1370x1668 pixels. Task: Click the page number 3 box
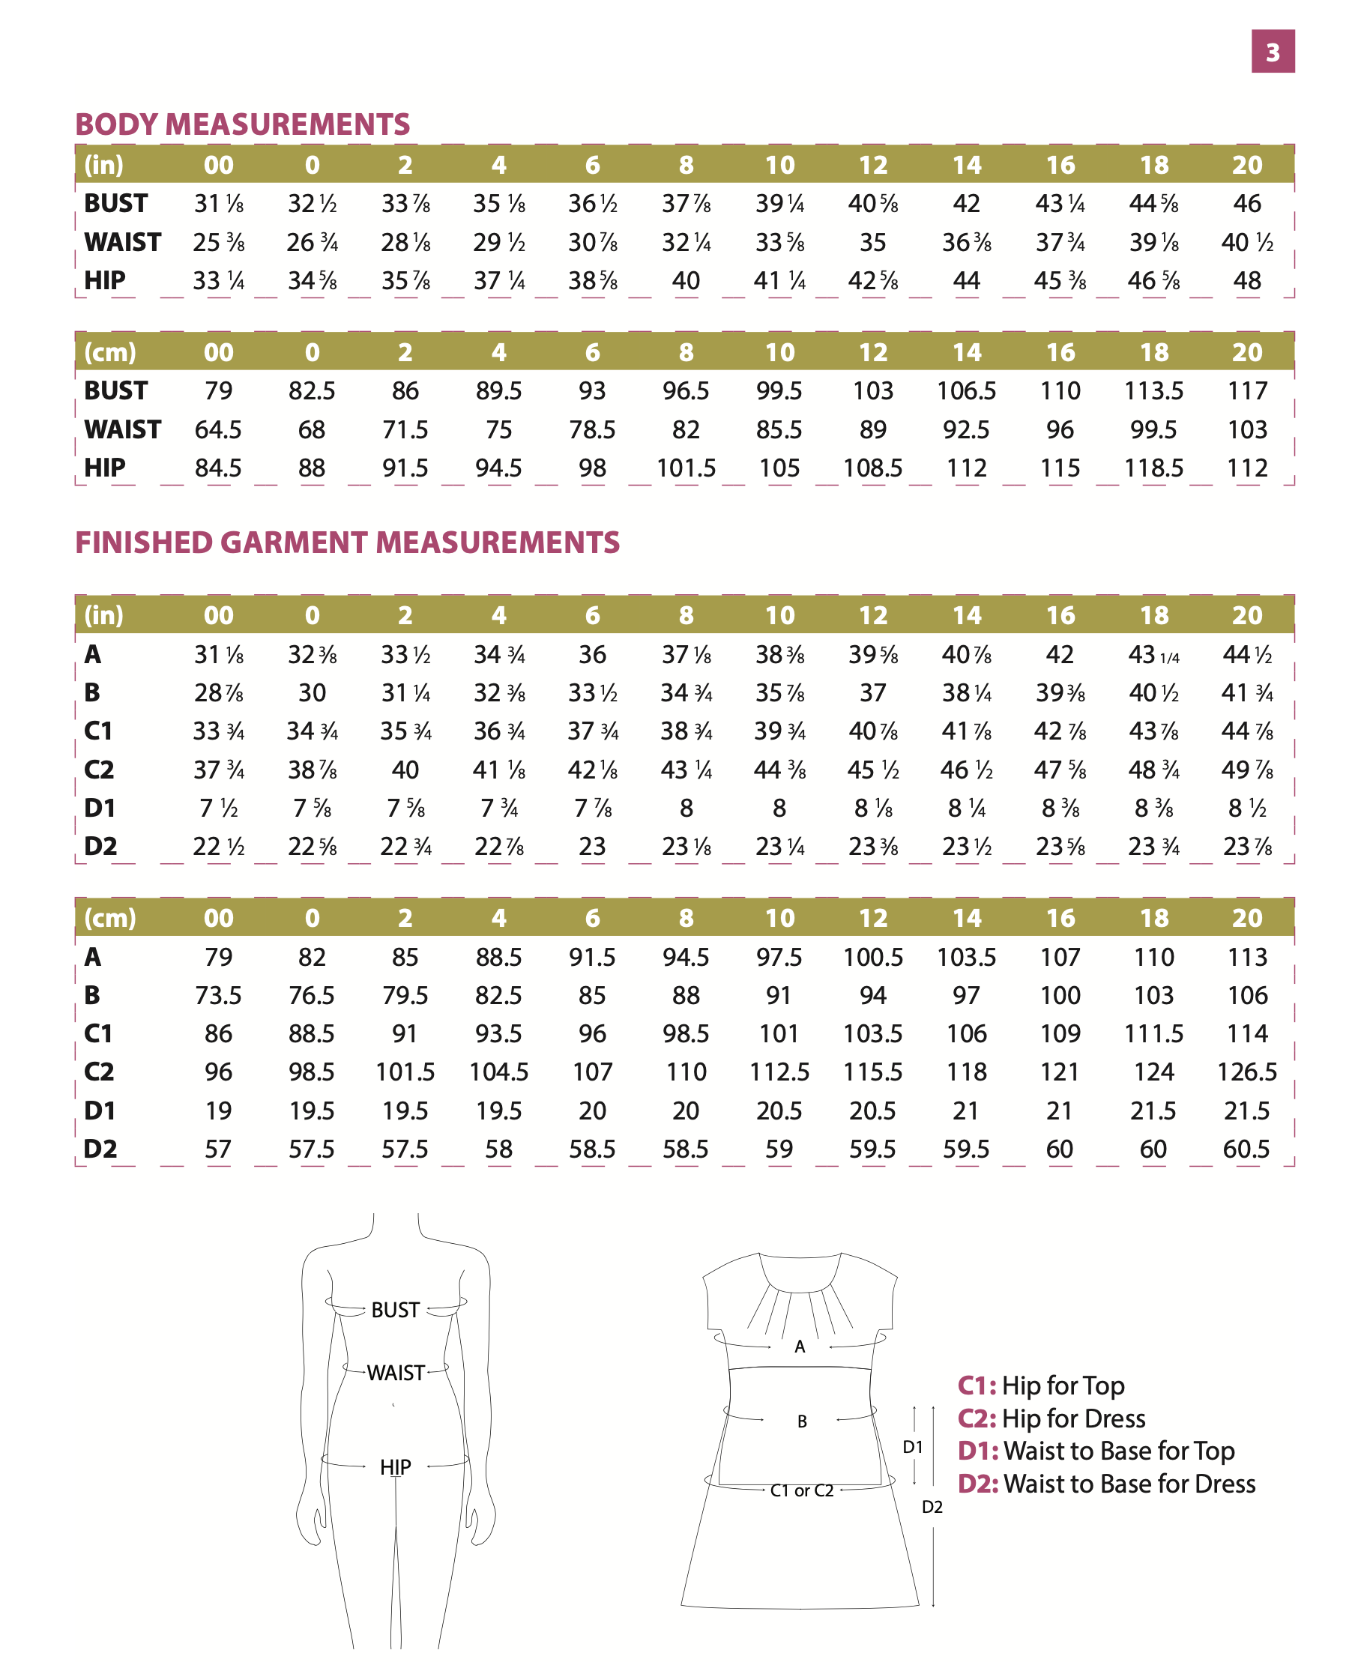(1272, 51)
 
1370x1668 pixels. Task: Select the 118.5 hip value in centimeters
(1153, 468)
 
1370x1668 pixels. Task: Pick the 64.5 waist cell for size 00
(218, 429)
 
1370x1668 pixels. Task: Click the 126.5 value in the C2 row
(1247, 1072)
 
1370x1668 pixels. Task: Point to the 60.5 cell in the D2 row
(1246, 1149)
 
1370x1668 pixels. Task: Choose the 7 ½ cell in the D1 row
(219, 808)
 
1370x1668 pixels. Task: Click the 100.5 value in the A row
(873, 957)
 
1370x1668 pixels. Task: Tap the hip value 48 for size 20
(1247, 281)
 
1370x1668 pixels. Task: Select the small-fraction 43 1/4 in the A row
(1153, 655)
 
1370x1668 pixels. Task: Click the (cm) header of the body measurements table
(109, 352)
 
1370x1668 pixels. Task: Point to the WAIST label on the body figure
(396, 1373)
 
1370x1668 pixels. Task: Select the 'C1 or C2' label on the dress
(801, 1490)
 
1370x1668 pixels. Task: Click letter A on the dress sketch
(800, 1347)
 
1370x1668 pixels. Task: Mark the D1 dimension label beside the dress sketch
(912, 1446)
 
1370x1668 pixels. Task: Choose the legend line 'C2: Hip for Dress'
(1051, 1418)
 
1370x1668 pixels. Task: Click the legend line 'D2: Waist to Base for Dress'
(1105, 1484)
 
